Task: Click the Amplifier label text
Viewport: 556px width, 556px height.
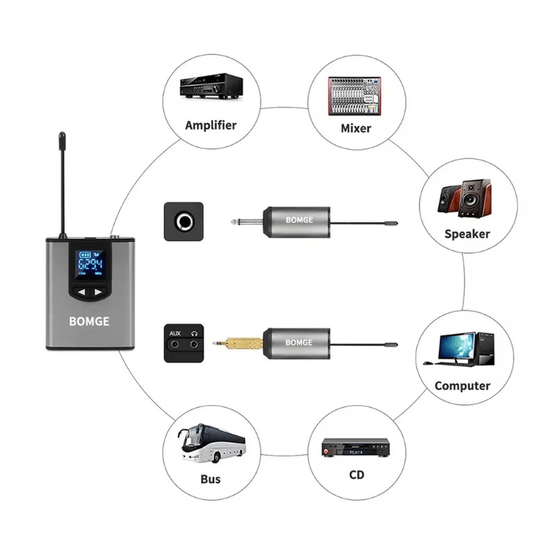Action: [211, 126]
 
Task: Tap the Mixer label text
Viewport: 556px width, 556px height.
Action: [355, 128]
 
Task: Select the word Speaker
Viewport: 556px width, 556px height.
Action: [467, 234]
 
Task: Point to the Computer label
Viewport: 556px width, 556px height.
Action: [462, 386]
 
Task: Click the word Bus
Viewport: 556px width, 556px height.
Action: [210, 479]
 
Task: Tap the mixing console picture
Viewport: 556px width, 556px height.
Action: [355, 95]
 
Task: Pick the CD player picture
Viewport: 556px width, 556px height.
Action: [355, 448]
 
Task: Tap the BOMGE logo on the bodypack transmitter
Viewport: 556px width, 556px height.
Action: [88, 322]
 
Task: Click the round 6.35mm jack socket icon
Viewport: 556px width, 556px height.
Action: [183, 222]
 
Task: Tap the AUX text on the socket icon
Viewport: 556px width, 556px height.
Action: [175, 334]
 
